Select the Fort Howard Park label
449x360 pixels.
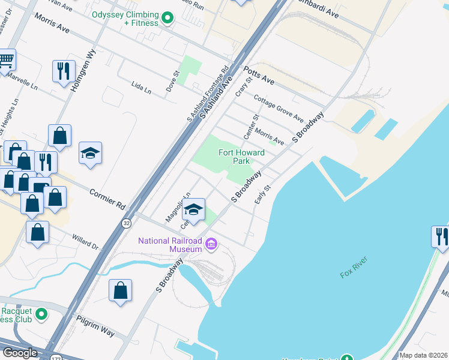tap(241, 157)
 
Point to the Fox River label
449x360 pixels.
tap(354, 266)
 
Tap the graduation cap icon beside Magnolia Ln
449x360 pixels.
tap(193, 209)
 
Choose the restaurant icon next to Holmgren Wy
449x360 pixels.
tap(63, 71)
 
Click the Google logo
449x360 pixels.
tap(20, 353)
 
